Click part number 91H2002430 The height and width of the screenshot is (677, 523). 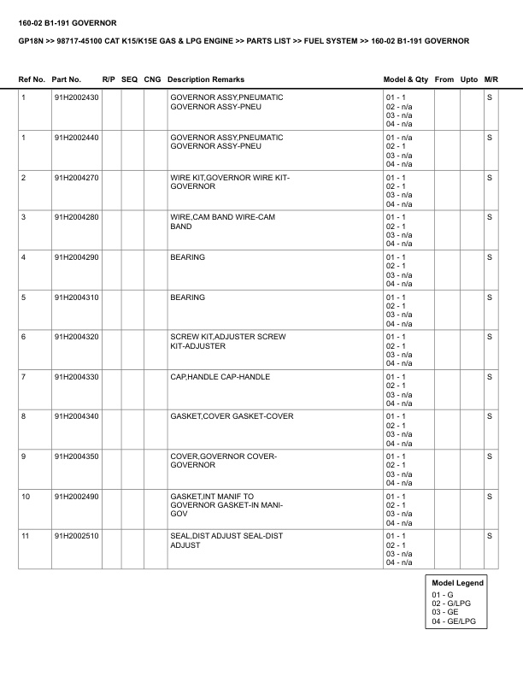point(76,97)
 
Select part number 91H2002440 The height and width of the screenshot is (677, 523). point(76,138)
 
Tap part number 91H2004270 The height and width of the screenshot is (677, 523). point(76,177)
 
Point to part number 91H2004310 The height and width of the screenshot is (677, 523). point(76,297)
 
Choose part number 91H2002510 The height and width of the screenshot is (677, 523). point(76,535)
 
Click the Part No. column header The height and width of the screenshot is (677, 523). point(67,79)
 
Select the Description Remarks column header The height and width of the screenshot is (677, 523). point(205,79)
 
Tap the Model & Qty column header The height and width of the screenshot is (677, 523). point(406,79)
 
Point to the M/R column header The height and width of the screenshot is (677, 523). point(491,79)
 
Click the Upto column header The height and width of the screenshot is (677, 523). point(468,79)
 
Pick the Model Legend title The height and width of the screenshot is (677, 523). point(458,583)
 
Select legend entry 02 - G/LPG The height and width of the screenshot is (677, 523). point(450,603)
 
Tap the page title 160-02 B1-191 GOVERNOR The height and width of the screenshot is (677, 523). point(68,22)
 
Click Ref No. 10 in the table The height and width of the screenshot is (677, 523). point(26,496)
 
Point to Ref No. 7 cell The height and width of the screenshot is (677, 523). point(24,376)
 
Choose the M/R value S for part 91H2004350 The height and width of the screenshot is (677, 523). point(490,456)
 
